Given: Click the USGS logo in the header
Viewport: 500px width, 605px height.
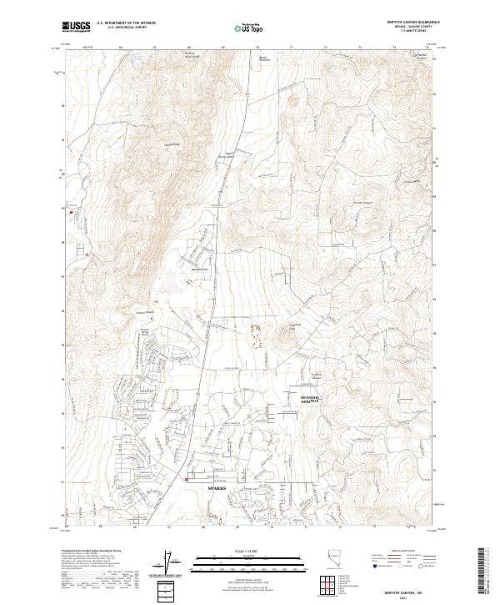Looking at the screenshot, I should tap(77, 28).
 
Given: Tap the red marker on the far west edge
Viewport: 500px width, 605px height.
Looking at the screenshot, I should tap(72, 213).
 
